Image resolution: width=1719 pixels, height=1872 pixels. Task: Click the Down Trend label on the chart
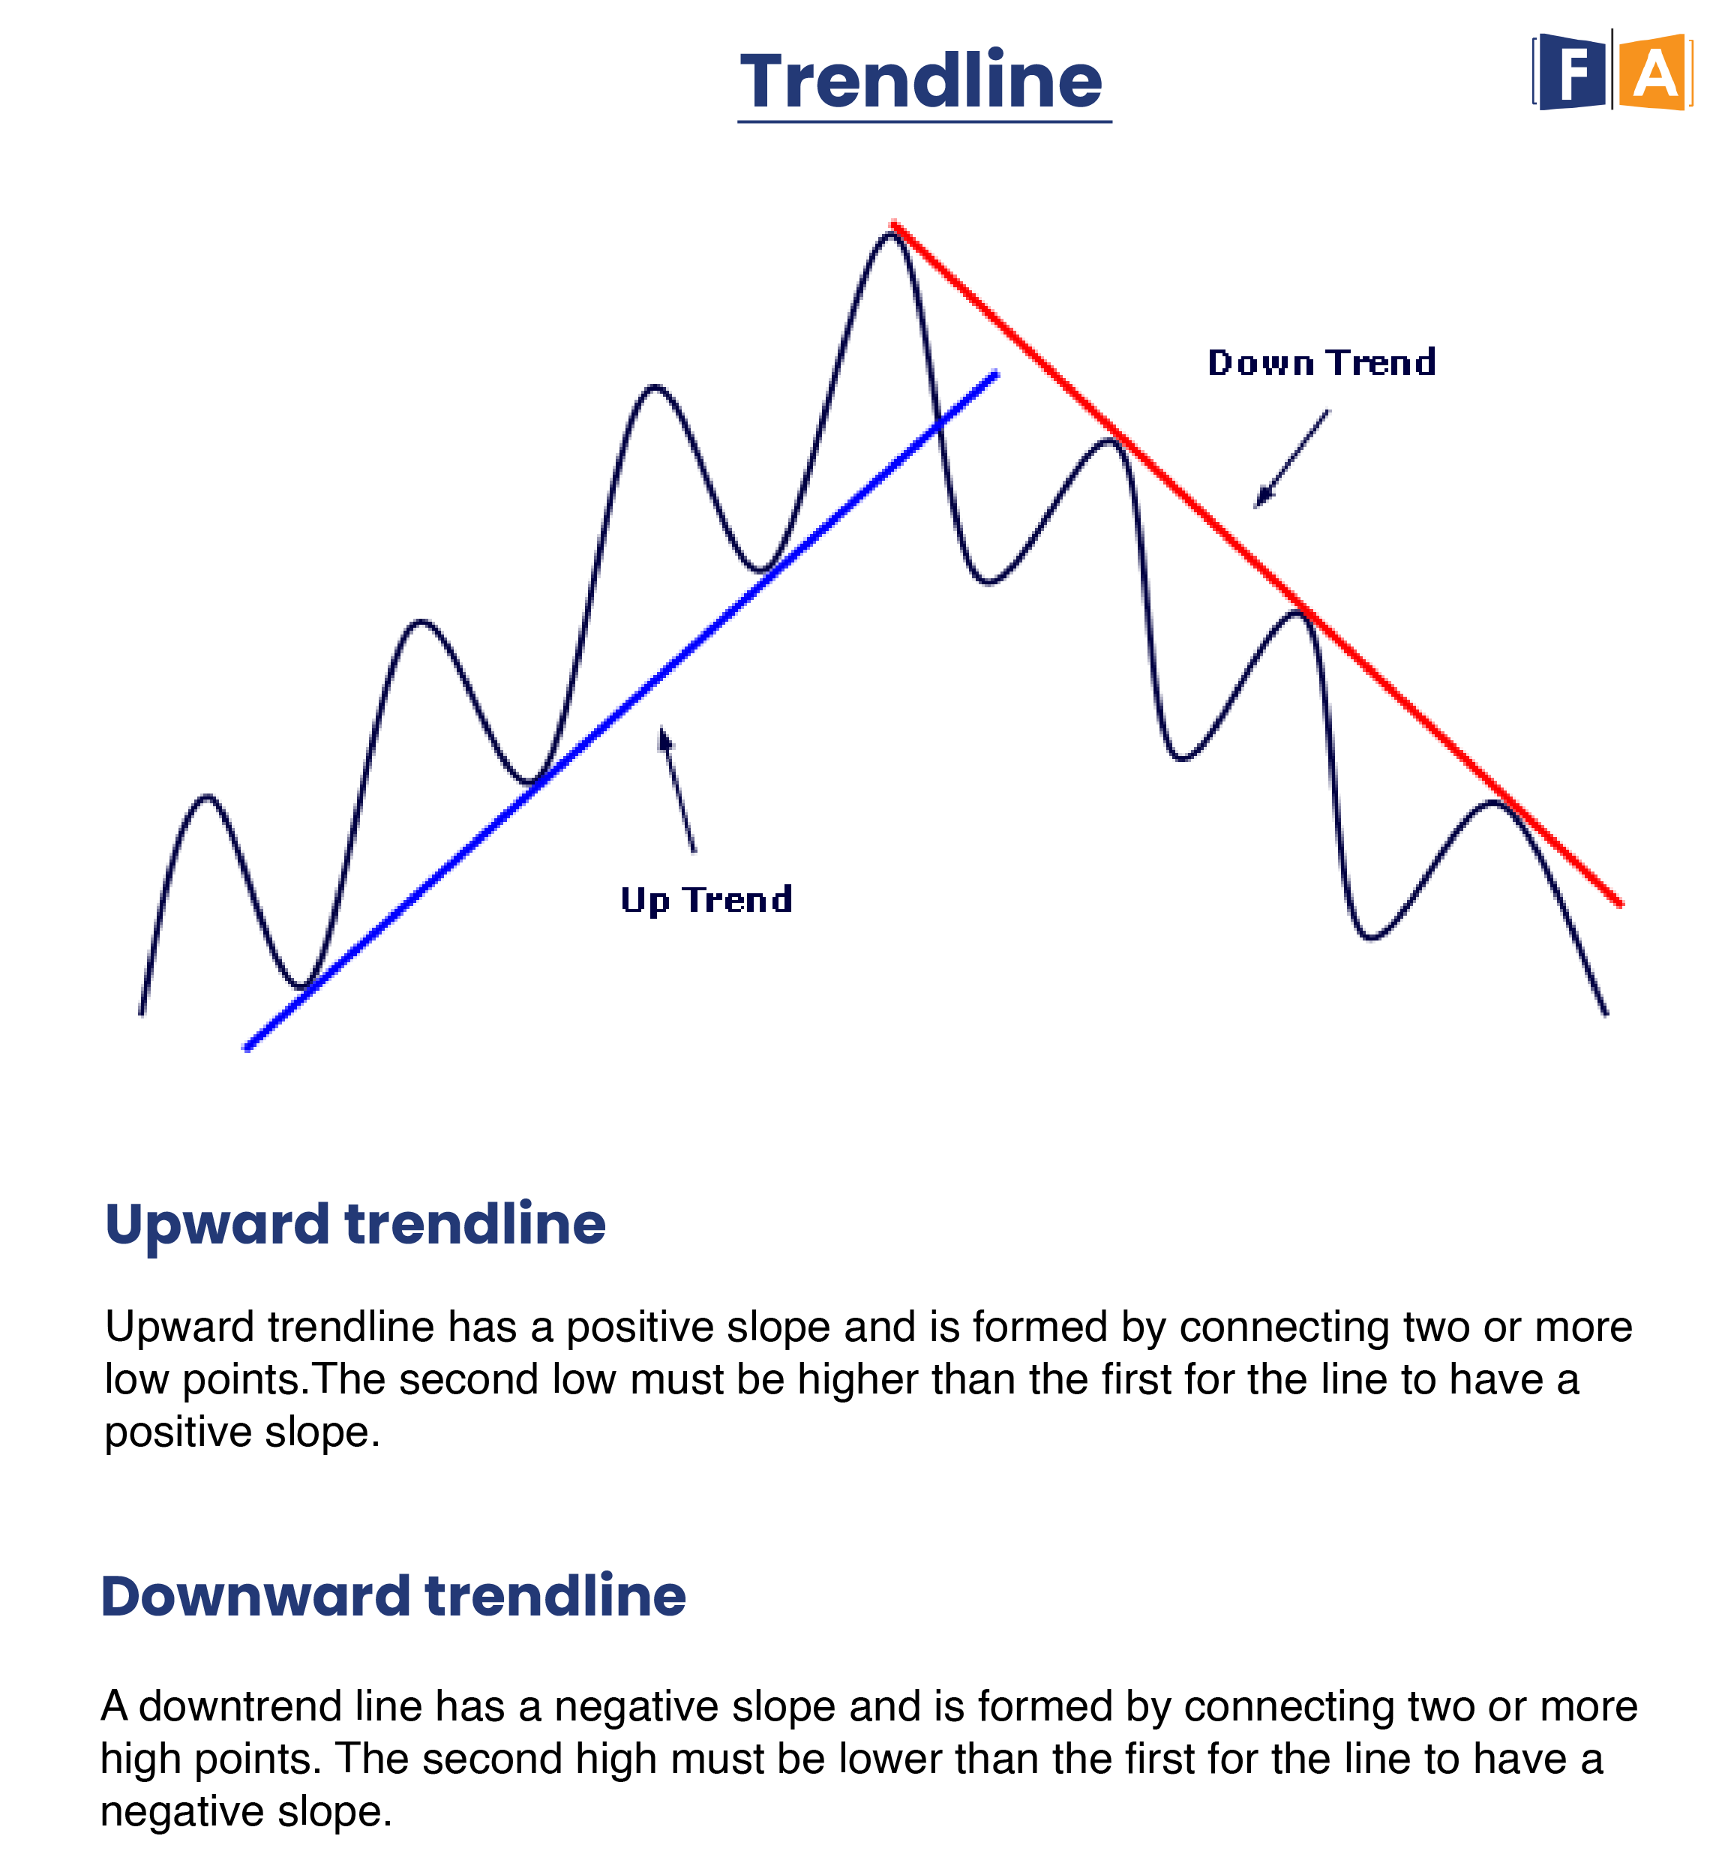(x=1321, y=363)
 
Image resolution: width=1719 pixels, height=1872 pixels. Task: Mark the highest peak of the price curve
(x=891, y=232)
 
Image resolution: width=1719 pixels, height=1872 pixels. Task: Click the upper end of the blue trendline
(x=996, y=375)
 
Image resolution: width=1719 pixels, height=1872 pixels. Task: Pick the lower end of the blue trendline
(x=247, y=1048)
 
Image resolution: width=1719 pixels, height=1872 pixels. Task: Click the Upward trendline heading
(x=355, y=1225)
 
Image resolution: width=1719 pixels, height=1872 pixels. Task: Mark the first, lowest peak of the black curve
(x=208, y=797)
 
